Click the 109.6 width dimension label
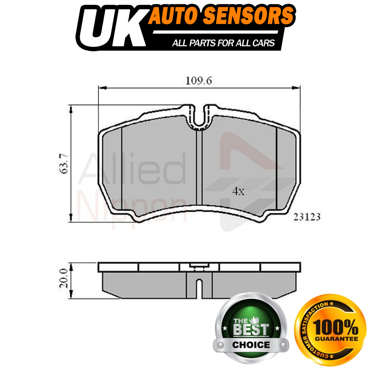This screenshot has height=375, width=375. [x=198, y=81]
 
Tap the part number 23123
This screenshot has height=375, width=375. [x=307, y=217]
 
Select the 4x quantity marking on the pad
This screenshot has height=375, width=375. [x=238, y=192]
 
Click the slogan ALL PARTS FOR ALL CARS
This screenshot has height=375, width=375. [x=223, y=43]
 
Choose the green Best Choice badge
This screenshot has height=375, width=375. [x=251, y=328]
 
